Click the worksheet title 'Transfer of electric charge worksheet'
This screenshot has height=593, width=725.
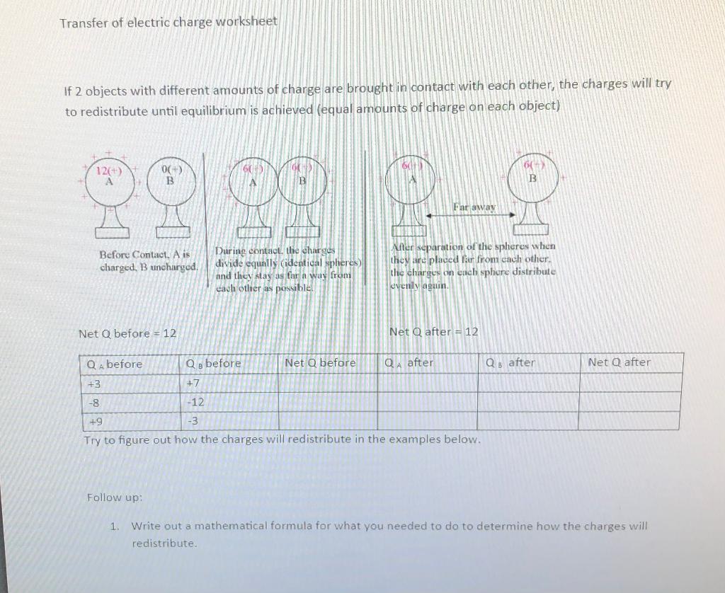(x=169, y=22)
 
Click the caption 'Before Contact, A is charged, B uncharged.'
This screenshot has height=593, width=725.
(x=145, y=260)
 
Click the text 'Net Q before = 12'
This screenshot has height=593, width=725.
(x=127, y=333)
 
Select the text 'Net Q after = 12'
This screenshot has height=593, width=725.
(x=433, y=331)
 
